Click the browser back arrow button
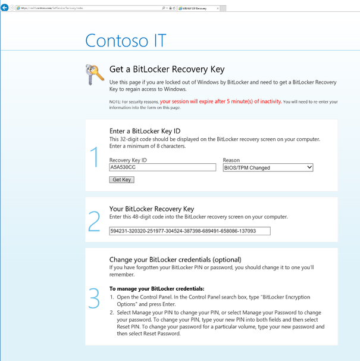point(5,8)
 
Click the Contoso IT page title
point(126,41)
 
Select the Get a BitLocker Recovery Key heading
point(167,70)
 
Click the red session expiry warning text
point(221,101)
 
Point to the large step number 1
point(95,157)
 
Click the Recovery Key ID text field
point(162,168)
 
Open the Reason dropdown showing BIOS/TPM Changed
point(267,168)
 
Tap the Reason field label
point(231,160)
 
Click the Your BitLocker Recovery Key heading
point(152,209)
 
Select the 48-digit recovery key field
point(190,231)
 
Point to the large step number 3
point(95,297)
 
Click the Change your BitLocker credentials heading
point(175,260)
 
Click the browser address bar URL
point(60,8)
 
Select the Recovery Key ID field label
point(128,160)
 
